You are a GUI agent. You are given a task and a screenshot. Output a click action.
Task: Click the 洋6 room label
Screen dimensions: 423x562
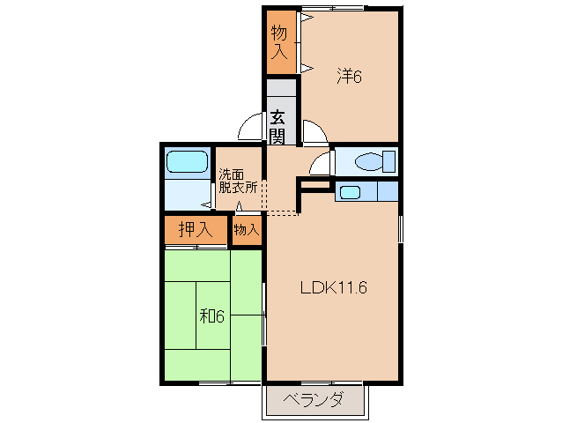click(x=349, y=77)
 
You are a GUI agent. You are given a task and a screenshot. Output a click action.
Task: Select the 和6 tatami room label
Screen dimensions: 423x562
click(x=211, y=315)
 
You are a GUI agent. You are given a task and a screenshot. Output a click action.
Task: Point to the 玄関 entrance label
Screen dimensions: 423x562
click(x=277, y=125)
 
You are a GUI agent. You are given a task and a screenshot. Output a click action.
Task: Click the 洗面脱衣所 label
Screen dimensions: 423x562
click(x=238, y=180)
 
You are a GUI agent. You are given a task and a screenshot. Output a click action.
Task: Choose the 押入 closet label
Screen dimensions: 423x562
click(x=196, y=230)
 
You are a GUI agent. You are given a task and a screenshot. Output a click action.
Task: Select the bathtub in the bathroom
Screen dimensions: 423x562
click(x=186, y=161)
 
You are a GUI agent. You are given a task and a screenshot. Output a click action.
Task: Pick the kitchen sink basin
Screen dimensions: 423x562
click(x=351, y=191)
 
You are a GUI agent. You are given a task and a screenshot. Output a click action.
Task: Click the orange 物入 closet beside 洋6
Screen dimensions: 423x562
click(x=279, y=41)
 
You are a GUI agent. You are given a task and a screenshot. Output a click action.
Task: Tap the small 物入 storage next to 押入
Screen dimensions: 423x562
click(x=246, y=230)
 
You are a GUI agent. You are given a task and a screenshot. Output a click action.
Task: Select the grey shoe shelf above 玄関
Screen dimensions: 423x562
click(x=282, y=92)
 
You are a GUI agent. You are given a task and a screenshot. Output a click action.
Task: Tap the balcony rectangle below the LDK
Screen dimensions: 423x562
click(x=315, y=400)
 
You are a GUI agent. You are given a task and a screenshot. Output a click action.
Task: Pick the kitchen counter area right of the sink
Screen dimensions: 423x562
click(x=387, y=191)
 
